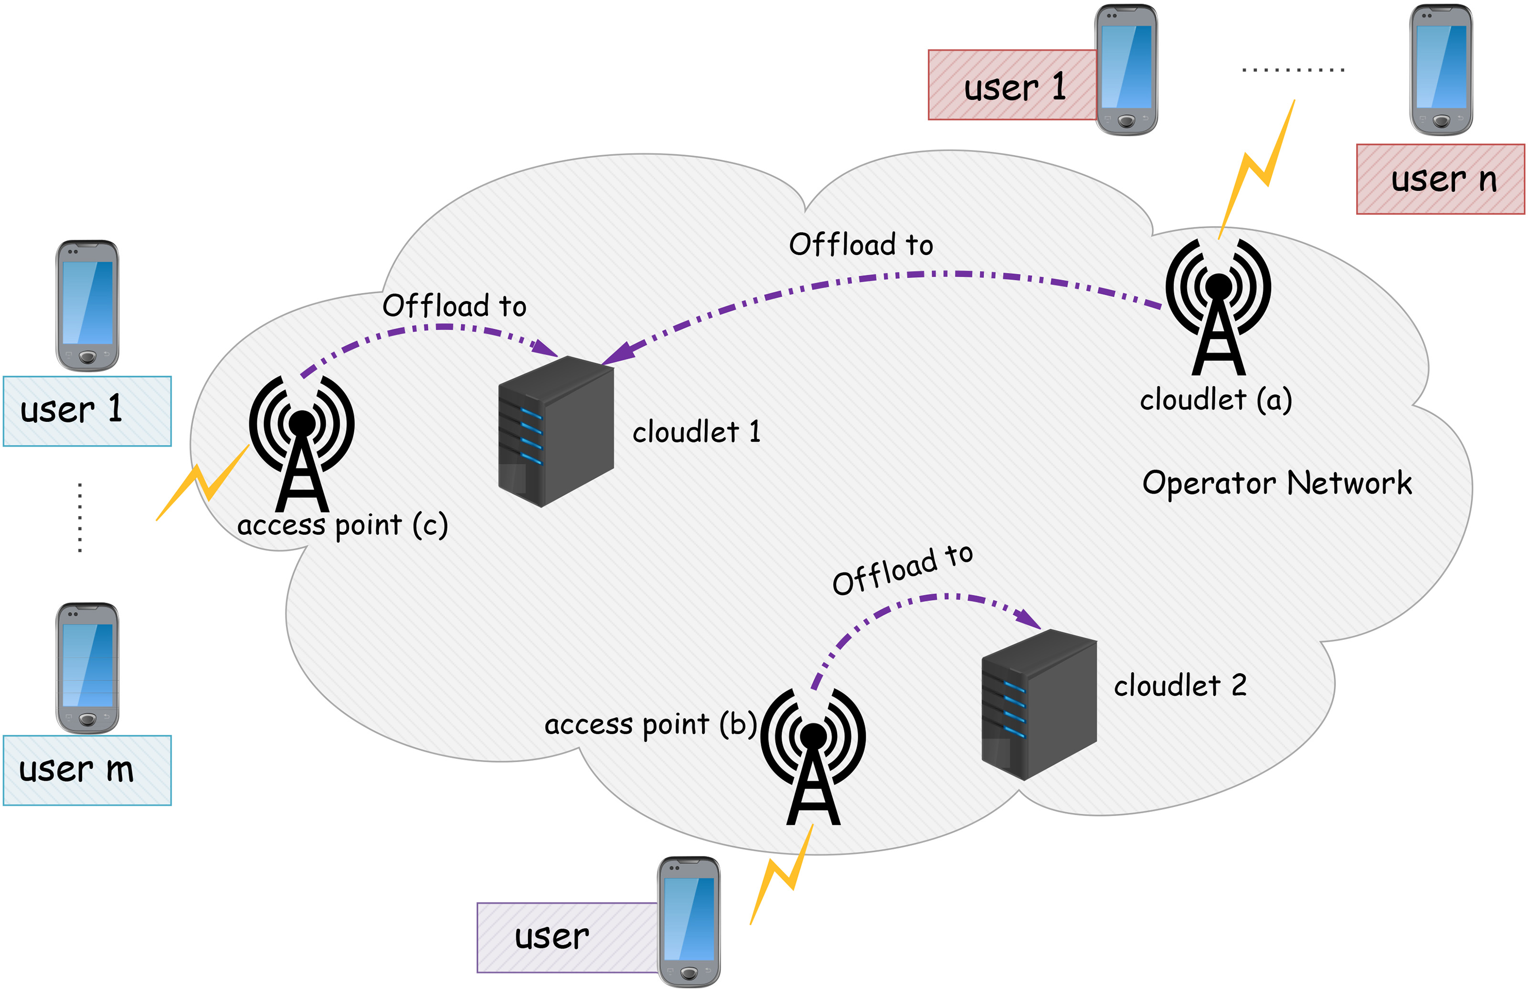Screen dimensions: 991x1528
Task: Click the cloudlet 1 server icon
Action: coord(556,431)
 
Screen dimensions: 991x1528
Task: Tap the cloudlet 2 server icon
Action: coord(1039,705)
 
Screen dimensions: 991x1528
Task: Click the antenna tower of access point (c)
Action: coord(302,443)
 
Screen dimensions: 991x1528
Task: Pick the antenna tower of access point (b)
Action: coord(813,756)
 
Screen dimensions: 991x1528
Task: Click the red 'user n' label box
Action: coord(1440,179)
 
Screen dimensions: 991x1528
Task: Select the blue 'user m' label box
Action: coord(87,770)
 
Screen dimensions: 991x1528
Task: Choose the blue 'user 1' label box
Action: coord(87,411)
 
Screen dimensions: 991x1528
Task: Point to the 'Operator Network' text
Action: coord(1277,483)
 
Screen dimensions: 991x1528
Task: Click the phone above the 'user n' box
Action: coord(1441,69)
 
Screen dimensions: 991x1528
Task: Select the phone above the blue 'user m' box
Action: coord(87,668)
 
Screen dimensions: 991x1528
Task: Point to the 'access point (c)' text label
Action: coord(342,526)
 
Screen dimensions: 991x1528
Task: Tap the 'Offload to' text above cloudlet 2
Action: coord(902,570)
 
